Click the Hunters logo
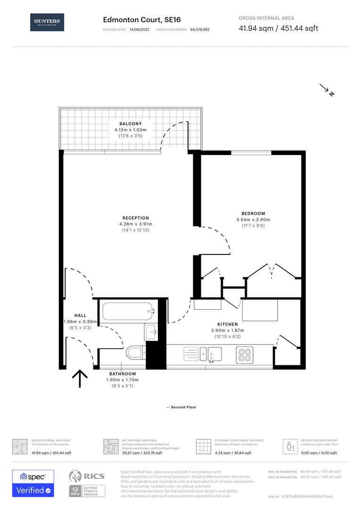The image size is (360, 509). coord(47,22)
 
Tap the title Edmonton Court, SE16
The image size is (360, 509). coord(141,20)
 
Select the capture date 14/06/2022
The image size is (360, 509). coord(139,30)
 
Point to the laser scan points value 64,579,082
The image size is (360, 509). coord(200,30)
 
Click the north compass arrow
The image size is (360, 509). coord(327,90)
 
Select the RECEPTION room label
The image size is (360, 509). coord(136,218)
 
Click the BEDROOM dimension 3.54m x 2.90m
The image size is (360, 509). coord(254,220)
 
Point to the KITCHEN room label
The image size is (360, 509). coord(227,324)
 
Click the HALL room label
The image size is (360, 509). coord(80,315)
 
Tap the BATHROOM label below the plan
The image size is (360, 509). coord(120,374)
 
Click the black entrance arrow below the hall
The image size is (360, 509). coord(80,378)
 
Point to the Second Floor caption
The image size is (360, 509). coord(181,407)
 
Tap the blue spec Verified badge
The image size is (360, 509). coord(33,483)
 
